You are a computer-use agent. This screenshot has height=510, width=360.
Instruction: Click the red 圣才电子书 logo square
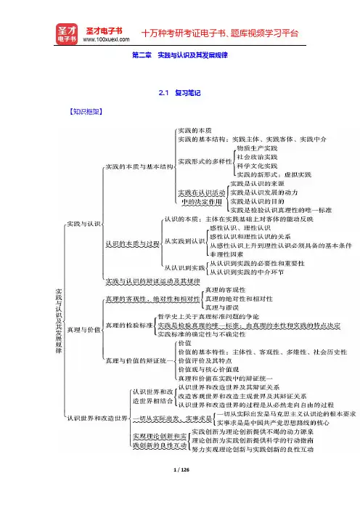point(67,34)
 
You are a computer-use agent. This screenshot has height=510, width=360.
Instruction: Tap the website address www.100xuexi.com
point(106,40)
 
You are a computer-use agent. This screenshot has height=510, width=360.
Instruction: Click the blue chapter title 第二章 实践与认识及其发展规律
point(180,55)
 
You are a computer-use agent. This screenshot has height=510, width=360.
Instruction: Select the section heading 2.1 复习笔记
point(180,93)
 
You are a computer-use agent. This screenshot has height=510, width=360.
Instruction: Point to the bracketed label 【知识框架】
point(86,112)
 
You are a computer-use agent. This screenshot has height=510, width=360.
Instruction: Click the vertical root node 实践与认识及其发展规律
point(59,321)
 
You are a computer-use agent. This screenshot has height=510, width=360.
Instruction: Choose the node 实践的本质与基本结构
point(139,167)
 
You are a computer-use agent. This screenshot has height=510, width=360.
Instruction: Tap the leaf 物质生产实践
point(257,148)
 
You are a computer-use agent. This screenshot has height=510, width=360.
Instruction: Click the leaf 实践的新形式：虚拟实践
point(274,174)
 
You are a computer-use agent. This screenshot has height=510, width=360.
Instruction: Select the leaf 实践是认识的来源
point(257,184)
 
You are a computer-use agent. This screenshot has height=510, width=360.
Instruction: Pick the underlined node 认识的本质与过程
point(133,243)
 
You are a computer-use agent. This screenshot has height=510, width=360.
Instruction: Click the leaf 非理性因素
point(226,254)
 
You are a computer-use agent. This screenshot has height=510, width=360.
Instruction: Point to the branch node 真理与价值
point(83,330)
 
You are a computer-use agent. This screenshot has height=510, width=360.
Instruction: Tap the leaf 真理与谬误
point(222,307)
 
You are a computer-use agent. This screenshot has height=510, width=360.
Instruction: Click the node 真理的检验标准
point(129,325)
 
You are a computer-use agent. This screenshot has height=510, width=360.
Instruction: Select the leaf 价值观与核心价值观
point(208,370)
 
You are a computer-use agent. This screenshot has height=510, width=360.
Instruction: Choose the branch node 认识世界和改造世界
point(97,418)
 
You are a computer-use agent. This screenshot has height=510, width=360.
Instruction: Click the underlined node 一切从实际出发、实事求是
point(173,418)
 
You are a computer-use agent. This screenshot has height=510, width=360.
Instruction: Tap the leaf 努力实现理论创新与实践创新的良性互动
point(253,450)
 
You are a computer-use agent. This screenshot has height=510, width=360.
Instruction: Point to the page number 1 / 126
point(181,469)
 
